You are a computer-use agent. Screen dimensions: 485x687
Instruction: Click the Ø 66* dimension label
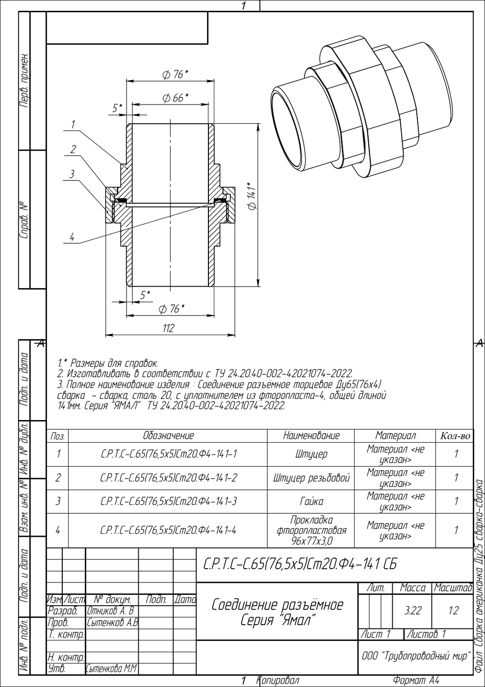pos(175,98)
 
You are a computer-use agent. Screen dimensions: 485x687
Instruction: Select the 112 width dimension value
pos(168,328)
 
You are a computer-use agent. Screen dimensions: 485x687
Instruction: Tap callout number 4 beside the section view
pos(72,237)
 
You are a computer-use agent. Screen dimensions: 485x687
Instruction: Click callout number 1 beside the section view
pos(73,125)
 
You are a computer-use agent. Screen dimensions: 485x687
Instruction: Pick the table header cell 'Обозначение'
pos(168,436)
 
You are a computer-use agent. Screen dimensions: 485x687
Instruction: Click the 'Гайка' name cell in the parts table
pos(311,502)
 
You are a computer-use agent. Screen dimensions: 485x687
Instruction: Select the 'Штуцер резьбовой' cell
pos(311,478)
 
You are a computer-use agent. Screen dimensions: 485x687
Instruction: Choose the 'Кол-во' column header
pos(455,436)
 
